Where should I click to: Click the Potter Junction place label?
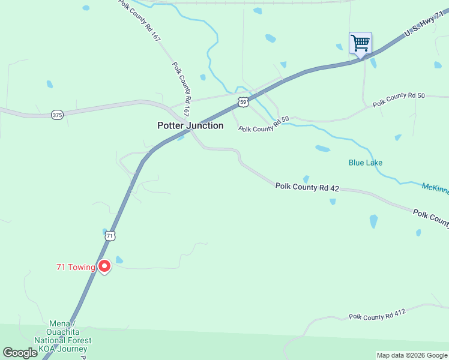point(190,125)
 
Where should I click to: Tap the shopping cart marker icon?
point(360,43)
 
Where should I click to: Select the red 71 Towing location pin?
point(104,266)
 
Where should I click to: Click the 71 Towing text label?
point(76,267)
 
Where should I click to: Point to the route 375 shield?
point(57,115)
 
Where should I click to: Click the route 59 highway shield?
point(243,102)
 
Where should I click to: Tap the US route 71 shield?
point(110,236)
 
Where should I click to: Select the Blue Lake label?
point(366,163)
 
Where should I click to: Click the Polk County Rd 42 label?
point(307,188)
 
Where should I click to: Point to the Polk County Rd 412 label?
point(378,314)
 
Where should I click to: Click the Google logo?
point(20,353)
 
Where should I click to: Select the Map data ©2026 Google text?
point(412,355)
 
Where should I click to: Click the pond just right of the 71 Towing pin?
point(119,260)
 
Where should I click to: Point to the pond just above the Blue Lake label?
point(322,148)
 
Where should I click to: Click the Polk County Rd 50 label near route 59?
point(264,124)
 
